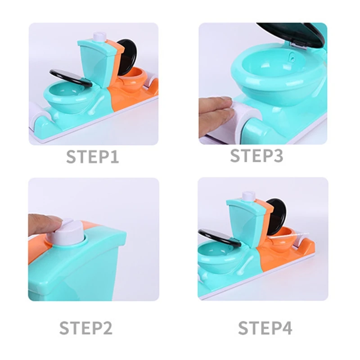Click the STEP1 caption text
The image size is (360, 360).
coord(93,157)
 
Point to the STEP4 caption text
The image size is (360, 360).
coord(265,328)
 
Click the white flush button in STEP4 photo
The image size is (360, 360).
coord(248,196)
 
